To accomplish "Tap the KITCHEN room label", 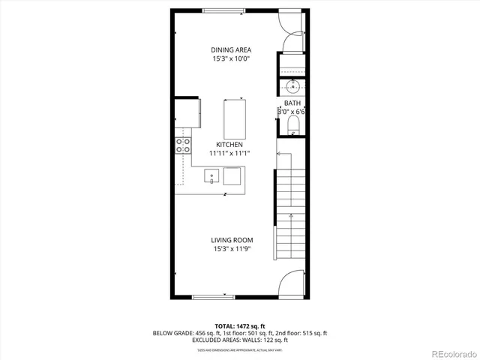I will tap(229, 144).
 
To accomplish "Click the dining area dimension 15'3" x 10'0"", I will tap(230, 59).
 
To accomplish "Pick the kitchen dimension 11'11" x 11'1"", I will tap(229, 153).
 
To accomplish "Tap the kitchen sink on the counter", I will tap(212, 176).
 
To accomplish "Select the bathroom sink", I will tap(292, 85).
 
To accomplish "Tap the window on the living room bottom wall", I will tap(212, 298).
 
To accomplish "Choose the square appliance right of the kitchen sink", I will tap(232, 176).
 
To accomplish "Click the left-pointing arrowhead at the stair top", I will tap(278, 154).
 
